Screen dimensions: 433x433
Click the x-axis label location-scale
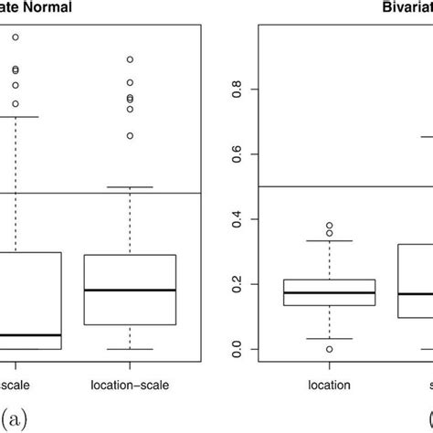(x=130, y=385)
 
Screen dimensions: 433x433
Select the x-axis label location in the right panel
(x=316, y=385)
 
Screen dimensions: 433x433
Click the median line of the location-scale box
(x=130, y=290)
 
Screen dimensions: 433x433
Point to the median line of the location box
(x=316, y=292)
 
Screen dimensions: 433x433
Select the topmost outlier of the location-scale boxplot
(x=130, y=59)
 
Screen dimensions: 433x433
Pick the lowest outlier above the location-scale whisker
(x=130, y=135)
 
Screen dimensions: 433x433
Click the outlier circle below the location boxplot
(x=316, y=349)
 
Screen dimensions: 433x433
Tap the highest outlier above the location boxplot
(x=316, y=225)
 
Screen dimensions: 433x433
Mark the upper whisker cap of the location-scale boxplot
(x=130, y=186)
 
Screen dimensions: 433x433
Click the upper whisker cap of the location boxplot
(x=316, y=240)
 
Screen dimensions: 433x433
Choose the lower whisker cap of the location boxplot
(x=316, y=338)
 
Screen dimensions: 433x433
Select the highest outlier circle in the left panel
(x=15, y=37)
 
